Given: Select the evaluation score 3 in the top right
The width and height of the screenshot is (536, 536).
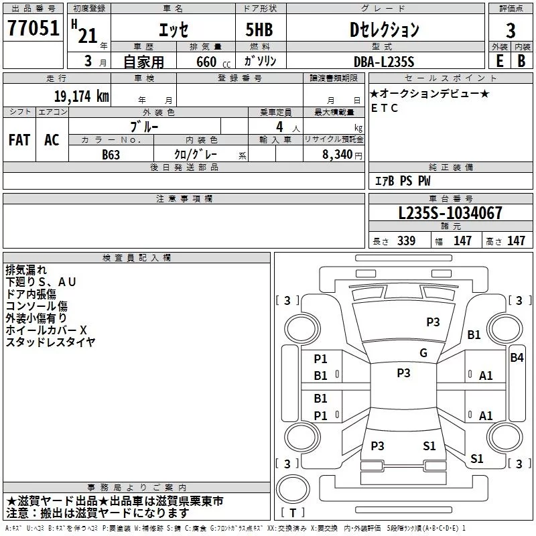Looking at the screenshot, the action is (x=511, y=31).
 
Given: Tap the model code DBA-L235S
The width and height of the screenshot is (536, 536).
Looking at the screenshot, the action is (x=384, y=61).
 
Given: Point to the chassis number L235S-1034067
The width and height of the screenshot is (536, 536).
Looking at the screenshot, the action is (x=450, y=213).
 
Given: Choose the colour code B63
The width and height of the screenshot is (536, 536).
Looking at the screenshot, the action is (x=111, y=153).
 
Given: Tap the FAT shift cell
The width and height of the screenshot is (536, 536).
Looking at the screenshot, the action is (x=19, y=140).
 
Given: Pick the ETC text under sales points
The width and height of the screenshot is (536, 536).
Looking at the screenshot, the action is (x=385, y=108).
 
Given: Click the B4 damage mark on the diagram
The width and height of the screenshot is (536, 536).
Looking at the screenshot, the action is (x=517, y=358).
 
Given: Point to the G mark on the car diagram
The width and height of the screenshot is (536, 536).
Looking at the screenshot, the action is (x=423, y=353).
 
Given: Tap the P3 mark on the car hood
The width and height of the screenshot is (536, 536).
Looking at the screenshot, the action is (x=433, y=322).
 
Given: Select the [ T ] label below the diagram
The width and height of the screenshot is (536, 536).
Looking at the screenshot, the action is (x=292, y=513).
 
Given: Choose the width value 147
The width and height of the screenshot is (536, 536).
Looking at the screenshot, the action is (x=462, y=241).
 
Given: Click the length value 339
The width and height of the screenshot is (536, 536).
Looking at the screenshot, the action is (x=406, y=241).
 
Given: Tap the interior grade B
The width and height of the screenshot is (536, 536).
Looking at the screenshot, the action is (x=521, y=60).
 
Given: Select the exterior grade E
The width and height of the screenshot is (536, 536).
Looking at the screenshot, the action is (x=499, y=60).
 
